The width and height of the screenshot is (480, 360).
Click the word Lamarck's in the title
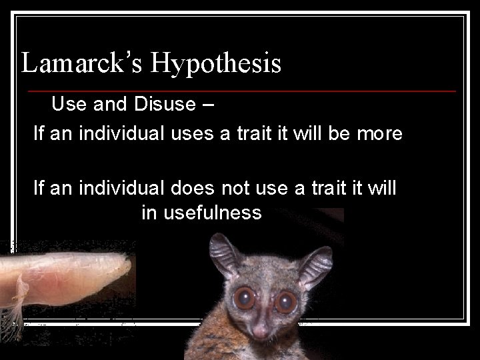(83, 63)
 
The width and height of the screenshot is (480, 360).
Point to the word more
(379, 133)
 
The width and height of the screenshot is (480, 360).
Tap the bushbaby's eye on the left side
(245, 298)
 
